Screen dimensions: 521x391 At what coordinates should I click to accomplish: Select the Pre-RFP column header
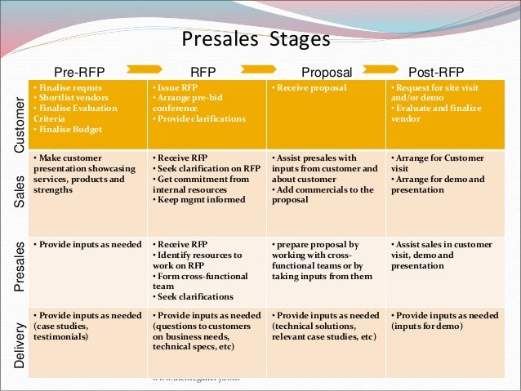pyautogui.click(x=86, y=71)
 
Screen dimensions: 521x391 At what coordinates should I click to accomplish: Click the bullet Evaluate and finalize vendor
pyautogui.click(x=437, y=113)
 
